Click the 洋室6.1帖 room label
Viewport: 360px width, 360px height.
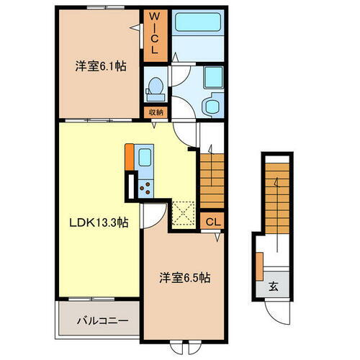pyautogui.click(x=101, y=66)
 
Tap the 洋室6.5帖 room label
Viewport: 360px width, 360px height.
pyautogui.click(x=185, y=277)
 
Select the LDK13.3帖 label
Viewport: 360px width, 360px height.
pyautogui.click(x=99, y=223)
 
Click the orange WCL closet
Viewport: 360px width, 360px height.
pyautogui.click(x=153, y=35)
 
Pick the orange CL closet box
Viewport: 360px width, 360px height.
pyautogui.click(x=213, y=222)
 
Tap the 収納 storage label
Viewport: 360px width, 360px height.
pyautogui.click(x=156, y=112)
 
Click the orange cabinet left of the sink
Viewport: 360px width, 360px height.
pyautogui.click(x=129, y=157)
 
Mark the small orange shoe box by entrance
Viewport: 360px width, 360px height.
pyautogui.click(x=259, y=266)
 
